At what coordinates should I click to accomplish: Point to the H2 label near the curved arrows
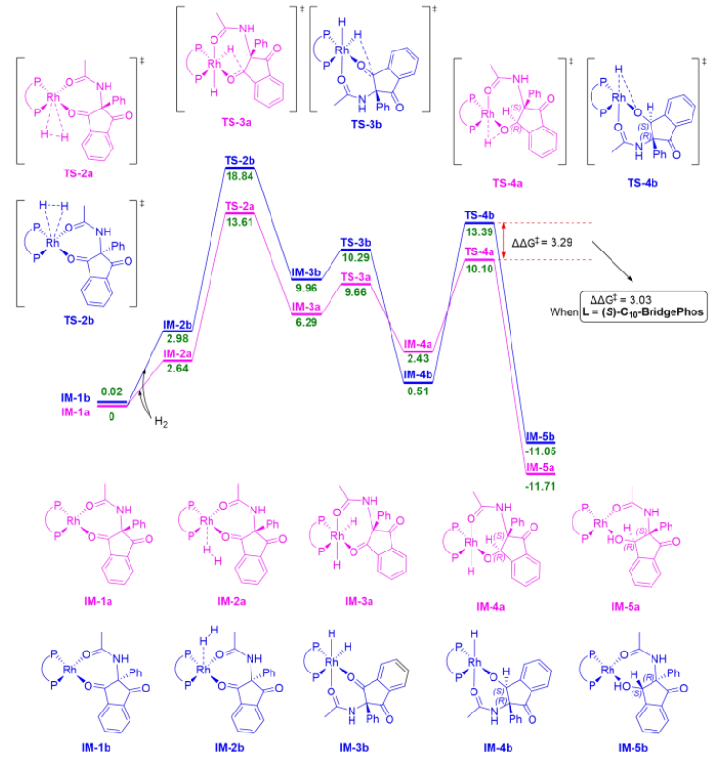(x=166, y=423)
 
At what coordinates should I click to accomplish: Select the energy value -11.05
(x=540, y=449)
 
